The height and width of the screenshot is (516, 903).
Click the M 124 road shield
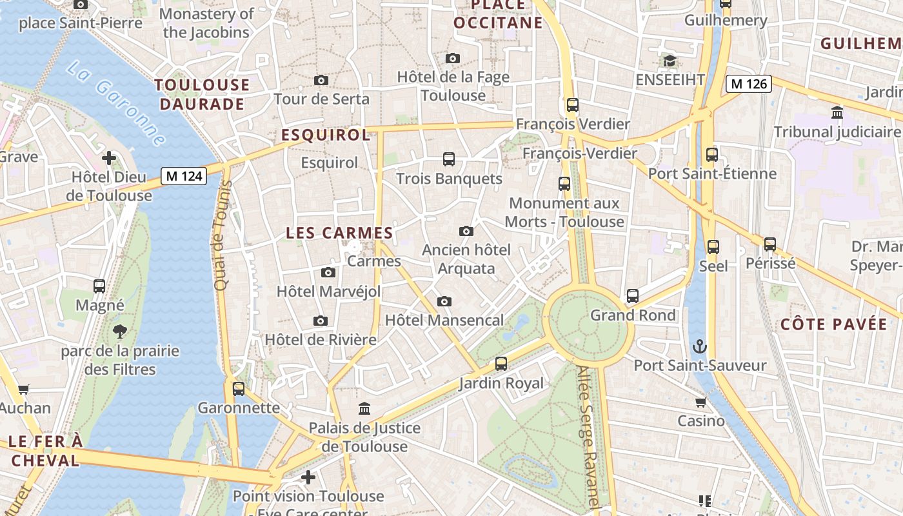tap(184, 176)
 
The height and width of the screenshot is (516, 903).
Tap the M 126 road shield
tap(748, 84)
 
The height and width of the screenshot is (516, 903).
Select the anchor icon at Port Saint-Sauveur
tap(699, 347)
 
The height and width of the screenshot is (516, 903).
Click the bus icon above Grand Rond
tap(633, 296)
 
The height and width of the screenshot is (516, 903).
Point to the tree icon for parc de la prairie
tap(119, 332)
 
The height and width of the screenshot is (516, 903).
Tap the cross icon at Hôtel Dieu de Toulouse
tap(109, 157)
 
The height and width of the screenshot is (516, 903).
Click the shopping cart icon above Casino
tap(700, 402)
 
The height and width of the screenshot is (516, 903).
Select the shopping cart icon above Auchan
tap(24, 389)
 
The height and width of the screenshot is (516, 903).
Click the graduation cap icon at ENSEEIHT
tap(670, 61)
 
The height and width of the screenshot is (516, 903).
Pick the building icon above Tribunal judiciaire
tap(837, 113)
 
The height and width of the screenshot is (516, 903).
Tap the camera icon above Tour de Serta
tap(321, 81)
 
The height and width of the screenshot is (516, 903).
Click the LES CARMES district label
tap(339, 233)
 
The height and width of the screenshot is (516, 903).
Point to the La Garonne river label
tap(116, 103)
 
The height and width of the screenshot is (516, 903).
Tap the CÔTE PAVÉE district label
tap(833, 324)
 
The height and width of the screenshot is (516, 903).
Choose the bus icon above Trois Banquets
tap(449, 159)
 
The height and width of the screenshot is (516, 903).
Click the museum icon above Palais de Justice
tap(364, 409)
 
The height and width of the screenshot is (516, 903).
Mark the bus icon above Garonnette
tap(239, 389)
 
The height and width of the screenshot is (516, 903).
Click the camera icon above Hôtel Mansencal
tap(444, 301)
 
